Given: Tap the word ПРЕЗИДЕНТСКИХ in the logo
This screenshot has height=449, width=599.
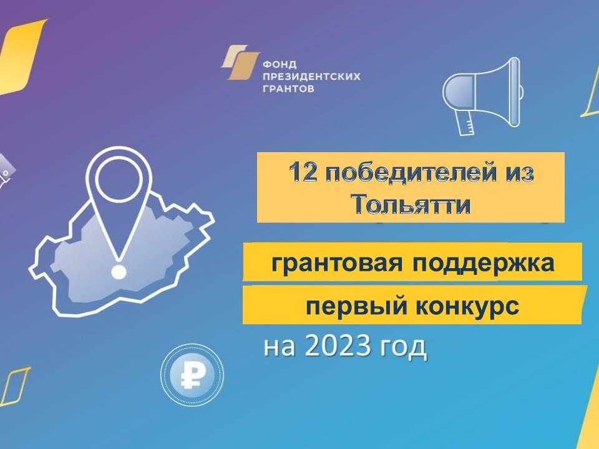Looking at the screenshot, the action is [x=312, y=76].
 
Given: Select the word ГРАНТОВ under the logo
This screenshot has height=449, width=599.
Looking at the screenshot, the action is [x=288, y=89].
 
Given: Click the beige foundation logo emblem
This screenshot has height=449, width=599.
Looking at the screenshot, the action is [x=240, y=62].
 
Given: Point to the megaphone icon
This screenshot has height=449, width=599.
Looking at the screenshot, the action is [x=483, y=96].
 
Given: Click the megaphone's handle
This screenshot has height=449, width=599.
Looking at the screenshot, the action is [x=465, y=123].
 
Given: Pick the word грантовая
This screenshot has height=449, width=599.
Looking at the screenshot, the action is [x=336, y=263].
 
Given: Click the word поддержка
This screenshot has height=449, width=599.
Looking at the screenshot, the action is [x=483, y=263].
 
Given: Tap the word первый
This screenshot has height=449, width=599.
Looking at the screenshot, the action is [x=356, y=306].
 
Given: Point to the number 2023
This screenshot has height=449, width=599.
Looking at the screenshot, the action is [x=338, y=346].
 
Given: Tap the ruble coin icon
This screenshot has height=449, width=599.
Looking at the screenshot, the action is [x=192, y=375].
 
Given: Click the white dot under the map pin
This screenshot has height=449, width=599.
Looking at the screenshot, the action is [x=119, y=272].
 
